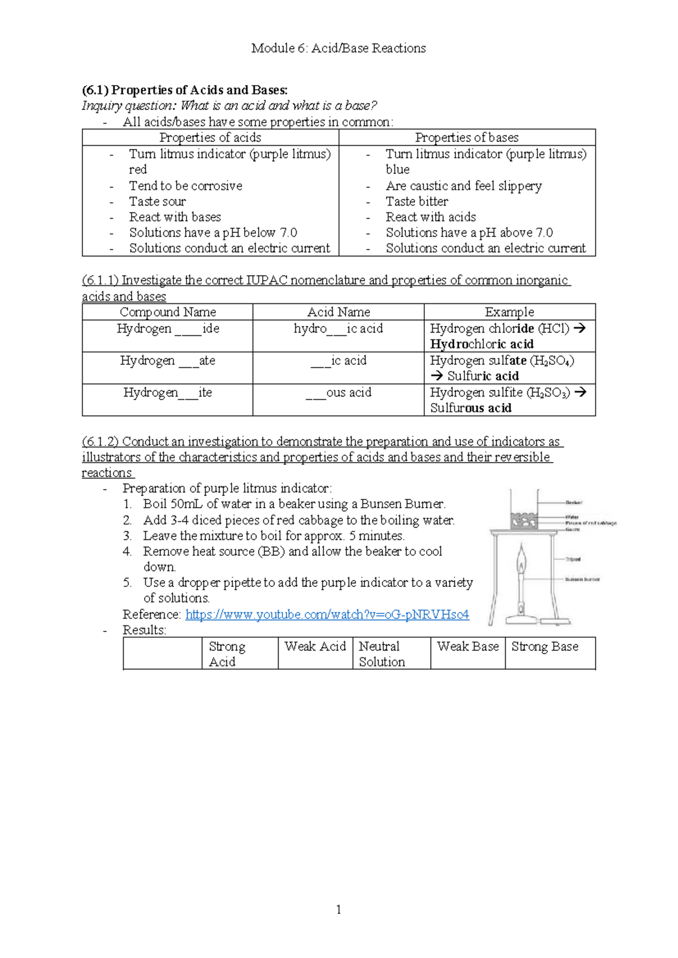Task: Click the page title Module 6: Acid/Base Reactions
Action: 338,49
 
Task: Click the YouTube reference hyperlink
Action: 327,615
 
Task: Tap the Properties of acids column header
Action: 210,138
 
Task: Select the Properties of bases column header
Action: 467,138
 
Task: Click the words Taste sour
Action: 157,202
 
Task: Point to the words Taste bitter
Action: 417,202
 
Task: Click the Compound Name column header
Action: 168,312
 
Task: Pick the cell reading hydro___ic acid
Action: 338,329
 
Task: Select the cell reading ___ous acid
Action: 338,393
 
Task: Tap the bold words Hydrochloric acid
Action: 482,345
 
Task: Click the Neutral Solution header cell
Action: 382,654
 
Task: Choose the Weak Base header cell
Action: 468,647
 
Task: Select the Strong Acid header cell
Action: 227,654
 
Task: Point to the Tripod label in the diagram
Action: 573,559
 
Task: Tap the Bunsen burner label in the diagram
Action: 583,580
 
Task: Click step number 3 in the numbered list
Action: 128,536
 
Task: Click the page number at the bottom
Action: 338,909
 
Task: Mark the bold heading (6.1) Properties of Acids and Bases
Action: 185,90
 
